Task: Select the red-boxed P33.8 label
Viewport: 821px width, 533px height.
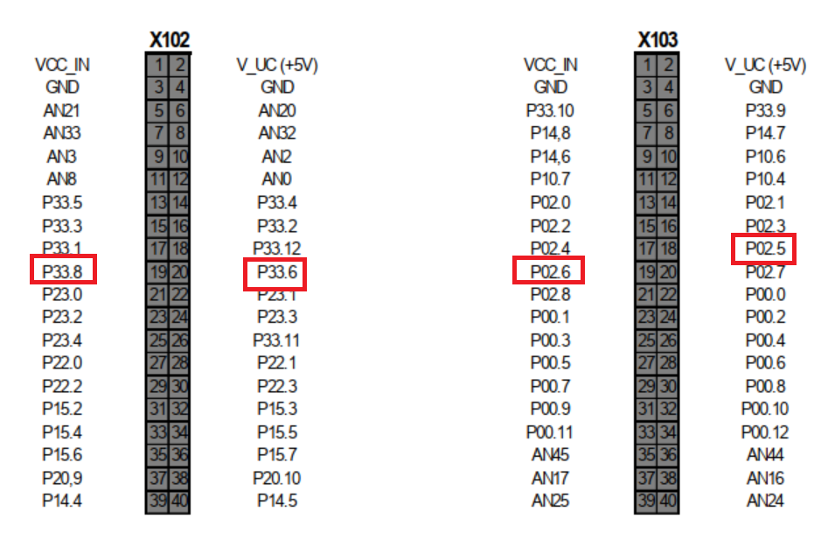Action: (63, 270)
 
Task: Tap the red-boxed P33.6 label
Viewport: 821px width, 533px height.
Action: (276, 274)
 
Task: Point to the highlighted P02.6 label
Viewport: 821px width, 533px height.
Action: (549, 270)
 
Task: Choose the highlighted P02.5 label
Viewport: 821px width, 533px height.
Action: (766, 249)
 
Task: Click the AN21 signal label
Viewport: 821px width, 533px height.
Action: (62, 110)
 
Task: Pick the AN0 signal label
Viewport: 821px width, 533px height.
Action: (277, 179)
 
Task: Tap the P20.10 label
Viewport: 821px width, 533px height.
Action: (277, 478)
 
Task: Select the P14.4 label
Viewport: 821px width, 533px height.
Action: (62, 501)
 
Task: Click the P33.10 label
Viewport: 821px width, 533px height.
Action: (550, 110)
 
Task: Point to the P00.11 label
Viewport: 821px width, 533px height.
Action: (550, 431)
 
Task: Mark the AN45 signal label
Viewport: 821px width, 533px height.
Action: (550, 454)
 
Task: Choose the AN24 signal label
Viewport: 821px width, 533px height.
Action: (766, 501)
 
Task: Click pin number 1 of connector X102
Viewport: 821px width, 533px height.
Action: (157, 64)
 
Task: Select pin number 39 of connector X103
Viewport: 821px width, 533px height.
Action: (646, 501)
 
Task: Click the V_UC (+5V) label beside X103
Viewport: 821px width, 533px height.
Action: (766, 64)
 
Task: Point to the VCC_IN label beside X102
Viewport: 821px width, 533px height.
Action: (62, 64)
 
